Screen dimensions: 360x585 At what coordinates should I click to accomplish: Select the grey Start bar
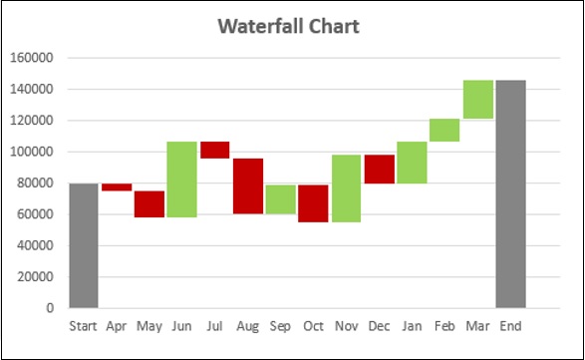(x=84, y=245)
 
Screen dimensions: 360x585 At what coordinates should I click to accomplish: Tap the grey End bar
(x=510, y=193)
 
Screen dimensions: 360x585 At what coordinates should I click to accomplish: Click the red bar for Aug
(x=248, y=186)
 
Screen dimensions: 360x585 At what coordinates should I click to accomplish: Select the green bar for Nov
(x=346, y=188)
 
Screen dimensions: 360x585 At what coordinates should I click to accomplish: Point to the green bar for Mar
(x=477, y=100)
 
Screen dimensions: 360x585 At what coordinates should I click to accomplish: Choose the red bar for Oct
(x=313, y=203)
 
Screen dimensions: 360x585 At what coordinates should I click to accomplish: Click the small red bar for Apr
(x=117, y=187)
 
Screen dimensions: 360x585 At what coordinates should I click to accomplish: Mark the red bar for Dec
(x=379, y=170)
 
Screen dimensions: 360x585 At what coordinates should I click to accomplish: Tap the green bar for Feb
(x=444, y=130)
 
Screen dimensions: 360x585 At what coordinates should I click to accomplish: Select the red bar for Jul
(x=215, y=150)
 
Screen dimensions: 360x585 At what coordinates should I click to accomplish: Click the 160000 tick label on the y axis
(x=32, y=58)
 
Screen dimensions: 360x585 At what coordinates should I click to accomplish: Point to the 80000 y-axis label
(x=35, y=183)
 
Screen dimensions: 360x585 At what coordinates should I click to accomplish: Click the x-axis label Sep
(x=280, y=326)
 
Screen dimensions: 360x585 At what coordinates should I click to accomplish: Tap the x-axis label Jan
(x=412, y=326)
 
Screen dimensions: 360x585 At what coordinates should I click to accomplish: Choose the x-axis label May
(x=149, y=326)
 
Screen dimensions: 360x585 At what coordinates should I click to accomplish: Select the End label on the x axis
(x=510, y=326)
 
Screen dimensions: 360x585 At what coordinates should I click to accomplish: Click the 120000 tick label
(x=32, y=121)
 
